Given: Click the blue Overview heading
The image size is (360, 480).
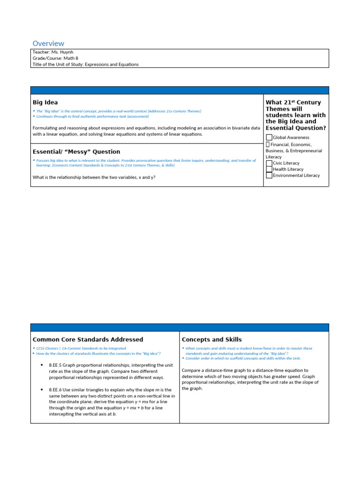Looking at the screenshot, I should [48, 44].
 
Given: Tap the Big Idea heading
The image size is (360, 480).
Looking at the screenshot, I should [45, 102].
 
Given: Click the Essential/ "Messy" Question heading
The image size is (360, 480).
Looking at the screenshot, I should [76, 152].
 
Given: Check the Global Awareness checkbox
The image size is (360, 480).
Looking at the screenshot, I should [269, 137].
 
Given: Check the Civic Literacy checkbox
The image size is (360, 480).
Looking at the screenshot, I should [269, 163].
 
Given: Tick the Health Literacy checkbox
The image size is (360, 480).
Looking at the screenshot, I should [269, 169].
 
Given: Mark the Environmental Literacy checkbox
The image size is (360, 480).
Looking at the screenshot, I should [269, 175].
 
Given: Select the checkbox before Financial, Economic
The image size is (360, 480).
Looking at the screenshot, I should [268, 145].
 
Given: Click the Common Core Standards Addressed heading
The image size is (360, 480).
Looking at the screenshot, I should [88, 339].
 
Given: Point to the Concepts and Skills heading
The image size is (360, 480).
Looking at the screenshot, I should [211, 339].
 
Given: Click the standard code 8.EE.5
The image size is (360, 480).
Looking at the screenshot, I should [55, 365].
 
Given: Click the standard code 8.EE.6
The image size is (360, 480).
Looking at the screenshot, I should [55, 390].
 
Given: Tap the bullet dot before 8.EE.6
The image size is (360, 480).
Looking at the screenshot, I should [42, 390].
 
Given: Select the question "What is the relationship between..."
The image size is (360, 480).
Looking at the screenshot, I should [94, 177].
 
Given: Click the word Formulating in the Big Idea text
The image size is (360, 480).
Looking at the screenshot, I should [46, 127].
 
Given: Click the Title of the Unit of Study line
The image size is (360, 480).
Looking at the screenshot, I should [85, 64].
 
